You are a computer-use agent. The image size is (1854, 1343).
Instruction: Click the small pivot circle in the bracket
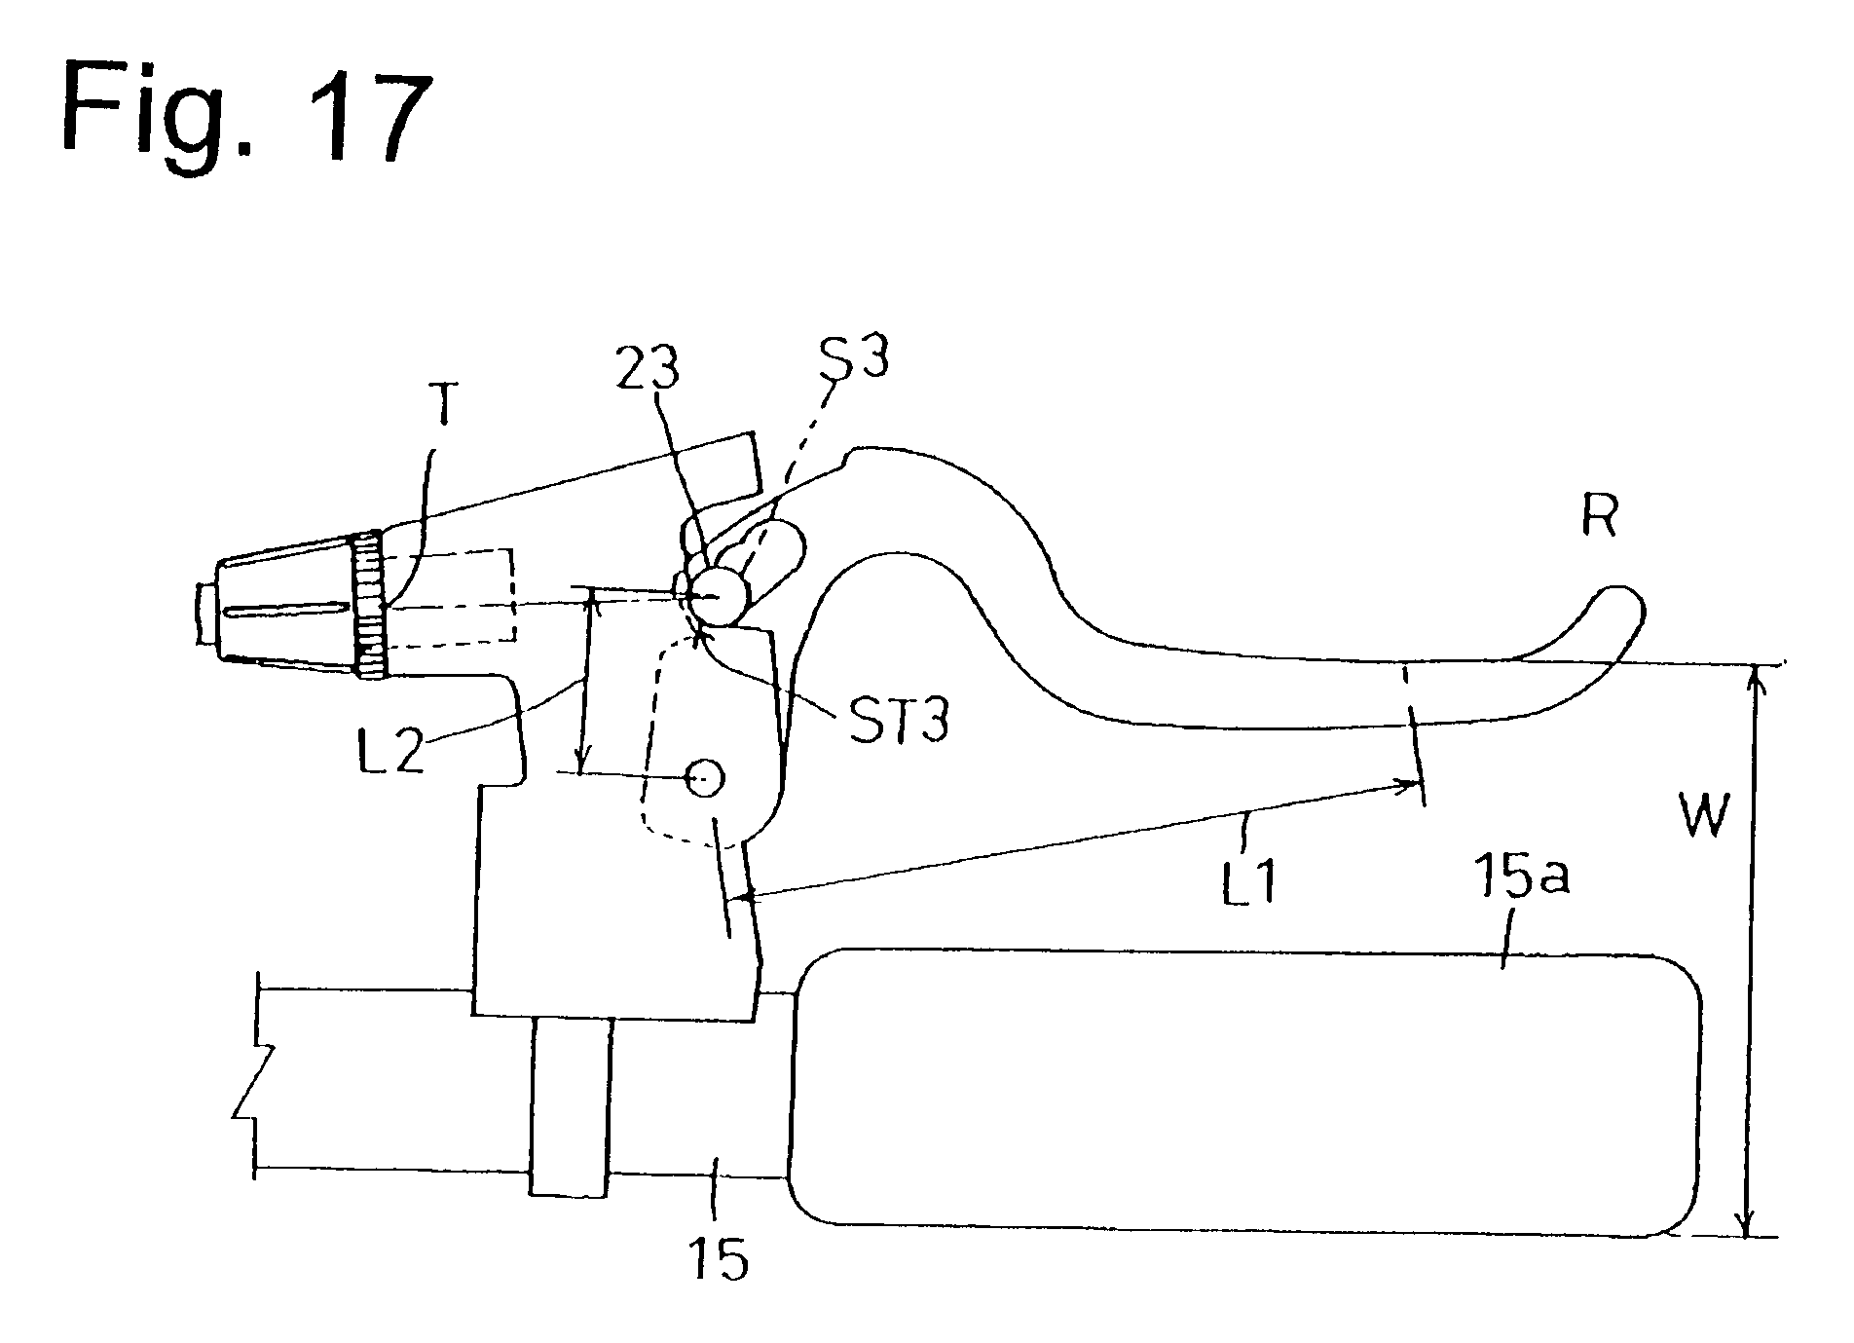705,777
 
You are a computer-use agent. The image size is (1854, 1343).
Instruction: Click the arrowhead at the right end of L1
1408,782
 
